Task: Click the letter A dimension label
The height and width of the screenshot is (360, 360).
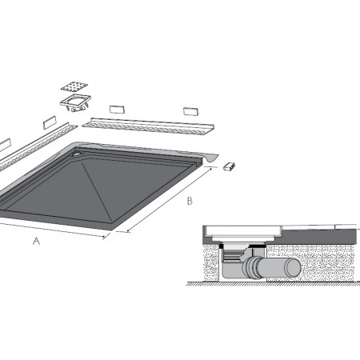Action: point(36,241)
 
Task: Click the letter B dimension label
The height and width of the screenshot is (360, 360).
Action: point(190,201)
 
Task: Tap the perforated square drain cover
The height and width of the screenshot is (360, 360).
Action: point(74,86)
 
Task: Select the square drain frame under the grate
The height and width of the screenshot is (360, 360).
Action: point(76,101)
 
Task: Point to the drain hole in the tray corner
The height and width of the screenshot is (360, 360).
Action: point(78,153)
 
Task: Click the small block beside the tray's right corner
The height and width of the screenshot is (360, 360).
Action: point(230,166)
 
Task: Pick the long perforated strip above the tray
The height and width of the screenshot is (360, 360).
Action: point(148,126)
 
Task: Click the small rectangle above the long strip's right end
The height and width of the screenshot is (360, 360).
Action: point(190,111)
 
